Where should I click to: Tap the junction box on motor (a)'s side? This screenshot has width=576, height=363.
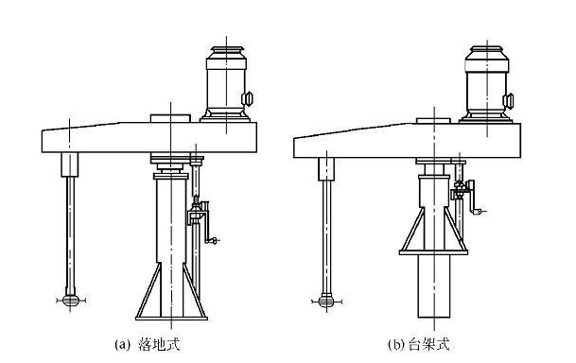coord(250,98)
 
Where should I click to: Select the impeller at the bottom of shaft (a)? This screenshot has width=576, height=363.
coord(69,301)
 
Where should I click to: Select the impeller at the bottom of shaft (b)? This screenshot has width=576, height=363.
coord(324,301)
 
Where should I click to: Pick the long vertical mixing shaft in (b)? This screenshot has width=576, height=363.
coord(324,236)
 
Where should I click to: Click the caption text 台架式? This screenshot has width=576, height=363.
coord(432,344)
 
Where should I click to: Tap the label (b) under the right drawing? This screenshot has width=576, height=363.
coord(398,344)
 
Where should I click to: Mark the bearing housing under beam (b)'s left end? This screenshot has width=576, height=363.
coord(324,167)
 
